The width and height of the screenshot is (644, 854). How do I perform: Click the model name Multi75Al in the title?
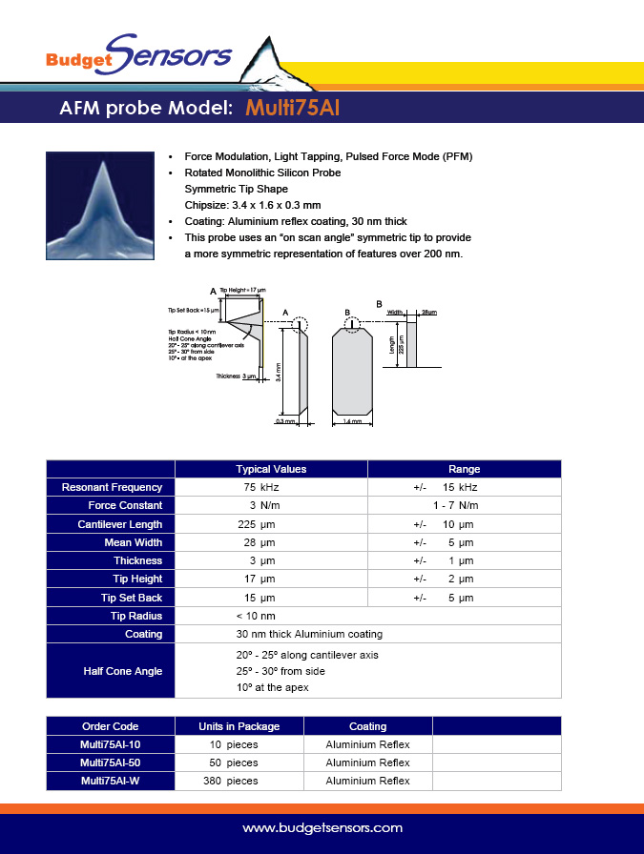click(x=292, y=108)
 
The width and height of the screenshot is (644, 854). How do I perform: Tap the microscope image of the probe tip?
click(x=99, y=205)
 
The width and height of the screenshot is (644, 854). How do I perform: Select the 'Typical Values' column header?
click(x=271, y=469)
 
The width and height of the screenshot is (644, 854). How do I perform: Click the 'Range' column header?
click(x=464, y=469)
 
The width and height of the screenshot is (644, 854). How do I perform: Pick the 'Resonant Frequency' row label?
click(x=112, y=487)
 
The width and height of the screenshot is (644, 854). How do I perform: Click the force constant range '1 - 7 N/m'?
click(x=455, y=505)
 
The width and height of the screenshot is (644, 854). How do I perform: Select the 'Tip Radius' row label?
click(x=136, y=616)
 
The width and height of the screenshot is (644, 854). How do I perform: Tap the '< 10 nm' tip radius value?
click(x=256, y=616)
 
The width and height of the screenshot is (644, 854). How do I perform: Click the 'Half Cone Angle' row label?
click(x=123, y=671)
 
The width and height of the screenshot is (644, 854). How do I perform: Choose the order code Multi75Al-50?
click(x=112, y=762)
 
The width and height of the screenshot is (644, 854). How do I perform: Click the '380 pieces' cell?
click(x=234, y=781)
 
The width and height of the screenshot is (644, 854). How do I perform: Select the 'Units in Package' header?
click(x=239, y=726)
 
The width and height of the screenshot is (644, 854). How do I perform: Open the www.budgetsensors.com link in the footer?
click(x=322, y=828)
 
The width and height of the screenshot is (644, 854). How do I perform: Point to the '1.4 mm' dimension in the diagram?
click(x=352, y=420)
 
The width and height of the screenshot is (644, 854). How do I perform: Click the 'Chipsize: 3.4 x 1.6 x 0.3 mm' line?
click(x=252, y=205)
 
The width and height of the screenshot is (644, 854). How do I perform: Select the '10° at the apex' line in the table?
click(x=272, y=687)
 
